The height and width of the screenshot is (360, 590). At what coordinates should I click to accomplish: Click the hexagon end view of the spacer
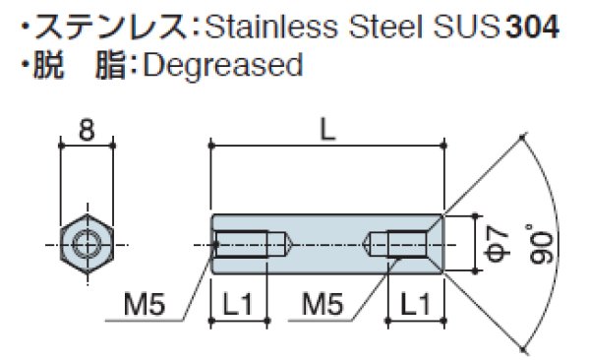click(88, 242)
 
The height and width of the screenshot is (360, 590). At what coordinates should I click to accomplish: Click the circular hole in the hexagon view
click(88, 242)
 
